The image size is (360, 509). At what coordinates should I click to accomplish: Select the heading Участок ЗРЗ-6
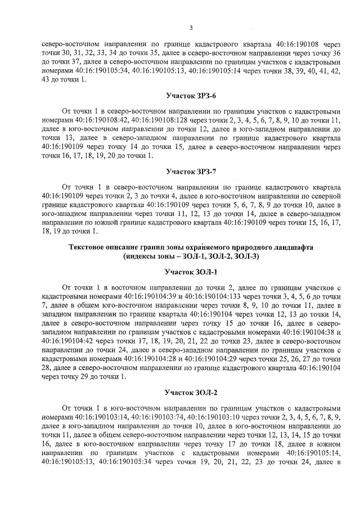(191, 96)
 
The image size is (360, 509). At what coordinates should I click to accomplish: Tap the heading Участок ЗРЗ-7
(191, 171)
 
